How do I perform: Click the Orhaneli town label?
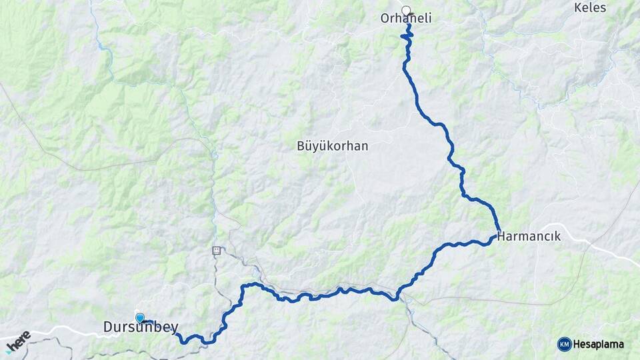click(405, 19)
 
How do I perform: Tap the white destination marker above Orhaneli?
click(406, 10)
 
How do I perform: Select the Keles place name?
click(590, 8)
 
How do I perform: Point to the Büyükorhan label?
click(333, 145)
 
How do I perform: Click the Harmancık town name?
click(529, 237)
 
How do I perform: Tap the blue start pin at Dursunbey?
click(139, 318)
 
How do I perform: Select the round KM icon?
click(564, 344)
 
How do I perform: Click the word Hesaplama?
click(598, 345)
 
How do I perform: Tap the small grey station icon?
click(216, 251)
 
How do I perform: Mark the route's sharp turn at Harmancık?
click(497, 234)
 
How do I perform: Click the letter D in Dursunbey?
click(108, 327)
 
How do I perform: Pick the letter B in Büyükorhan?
click(300, 145)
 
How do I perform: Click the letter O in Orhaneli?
click(384, 19)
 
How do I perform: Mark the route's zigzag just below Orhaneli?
click(407, 37)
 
